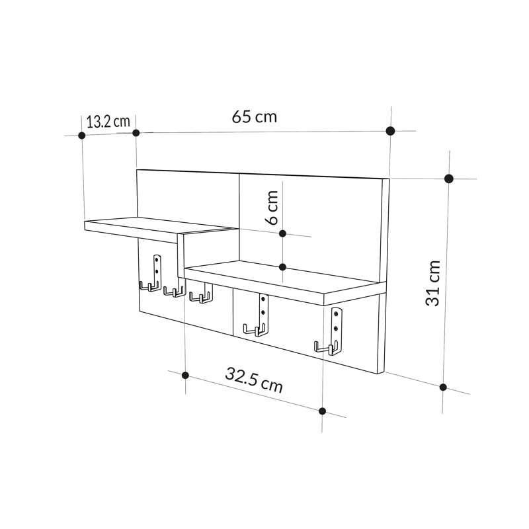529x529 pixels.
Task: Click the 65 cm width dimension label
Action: (x=255, y=117)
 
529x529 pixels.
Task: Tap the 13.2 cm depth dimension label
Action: (x=108, y=122)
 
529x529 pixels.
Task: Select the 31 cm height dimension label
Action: (x=433, y=283)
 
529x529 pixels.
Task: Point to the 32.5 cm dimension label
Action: (x=254, y=380)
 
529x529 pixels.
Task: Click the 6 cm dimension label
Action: (x=272, y=208)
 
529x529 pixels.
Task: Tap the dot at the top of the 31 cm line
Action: (x=449, y=179)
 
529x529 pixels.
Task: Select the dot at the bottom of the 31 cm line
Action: (x=443, y=387)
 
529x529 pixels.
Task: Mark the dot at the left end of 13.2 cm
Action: (x=81, y=136)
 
